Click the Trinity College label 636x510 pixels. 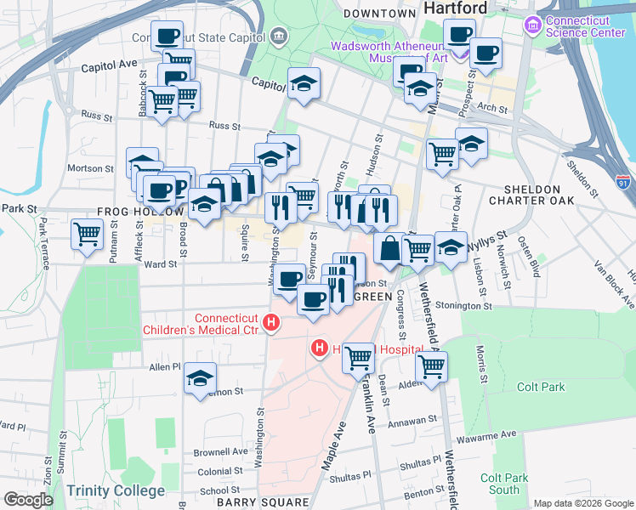click(116, 490)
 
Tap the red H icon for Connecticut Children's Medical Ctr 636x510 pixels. click(271, 322)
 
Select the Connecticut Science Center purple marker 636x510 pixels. click(533, 25)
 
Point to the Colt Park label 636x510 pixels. click(541, 388)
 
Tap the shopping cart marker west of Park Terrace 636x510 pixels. click(88, 235)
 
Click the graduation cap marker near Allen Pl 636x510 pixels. click(200, 378)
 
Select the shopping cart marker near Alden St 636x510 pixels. click(432, 367)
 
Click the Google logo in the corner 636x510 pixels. click(28, 499)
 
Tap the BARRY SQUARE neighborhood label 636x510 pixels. click(262, 502)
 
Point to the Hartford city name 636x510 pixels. click(455, 8)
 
